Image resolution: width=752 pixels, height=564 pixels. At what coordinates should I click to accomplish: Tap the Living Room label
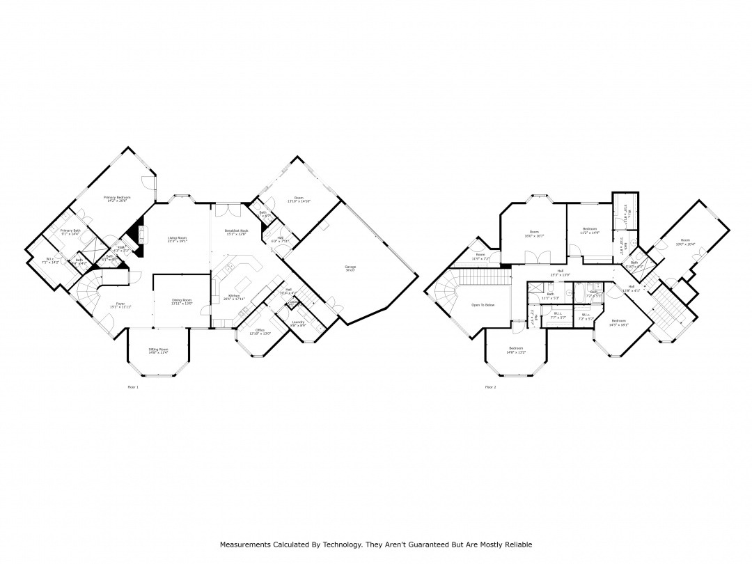(x=178, y=238)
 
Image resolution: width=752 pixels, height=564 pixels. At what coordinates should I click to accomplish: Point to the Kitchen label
(x=233, y=296)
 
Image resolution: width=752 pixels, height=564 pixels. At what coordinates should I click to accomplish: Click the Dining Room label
(x=182, y=300)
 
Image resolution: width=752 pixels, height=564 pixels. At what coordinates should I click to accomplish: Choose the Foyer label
(x=120, y=304)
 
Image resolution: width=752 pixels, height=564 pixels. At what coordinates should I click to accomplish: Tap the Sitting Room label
(x=158, y=350)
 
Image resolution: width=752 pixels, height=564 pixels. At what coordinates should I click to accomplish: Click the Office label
(x=259, y=330)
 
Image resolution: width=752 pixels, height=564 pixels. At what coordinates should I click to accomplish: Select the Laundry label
(x=298, y=322)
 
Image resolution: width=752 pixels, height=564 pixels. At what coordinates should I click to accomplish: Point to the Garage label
(x=350, y=267)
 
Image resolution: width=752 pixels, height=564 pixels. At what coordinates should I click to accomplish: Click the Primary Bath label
(x=70, y=230)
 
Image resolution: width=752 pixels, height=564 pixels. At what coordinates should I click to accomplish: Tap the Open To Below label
(x=483, y=305)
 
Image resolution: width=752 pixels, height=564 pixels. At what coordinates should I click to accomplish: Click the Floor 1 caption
(x=133, y=386)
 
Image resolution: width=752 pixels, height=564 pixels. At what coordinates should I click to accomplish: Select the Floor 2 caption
(x=490, y=386)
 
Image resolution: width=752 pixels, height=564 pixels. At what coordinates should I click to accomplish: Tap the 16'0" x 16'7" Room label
(x=534, y=232)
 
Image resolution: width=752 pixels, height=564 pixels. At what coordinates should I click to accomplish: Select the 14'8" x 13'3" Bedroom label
(x=516, y=347)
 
